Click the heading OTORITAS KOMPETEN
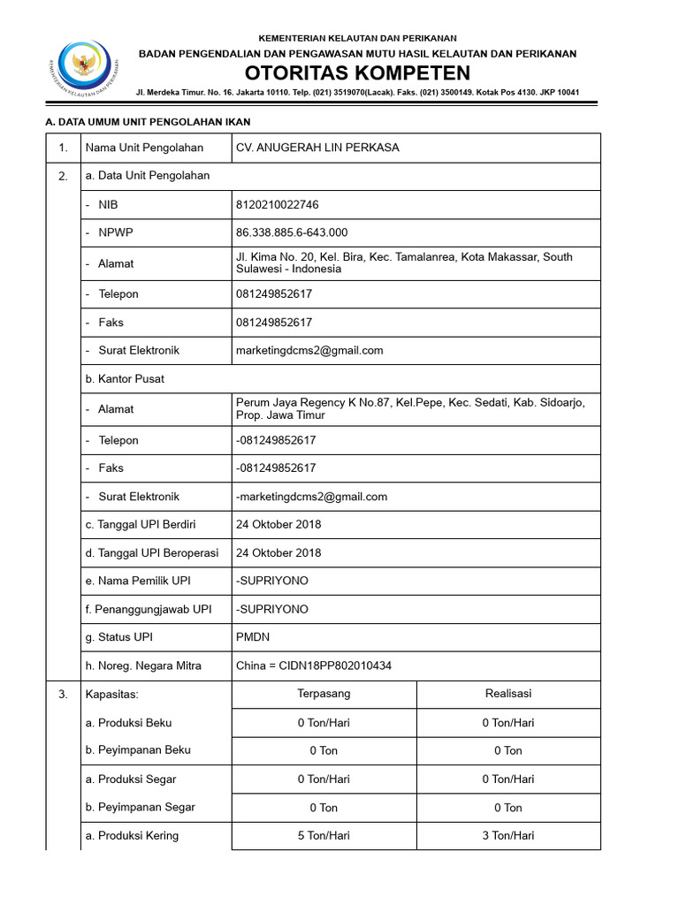coord(357,72)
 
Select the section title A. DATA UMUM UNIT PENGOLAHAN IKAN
coord(154,122)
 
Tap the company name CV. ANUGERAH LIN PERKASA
coord(317,148)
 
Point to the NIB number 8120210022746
coord(278,204)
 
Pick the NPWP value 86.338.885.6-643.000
coord(292,232)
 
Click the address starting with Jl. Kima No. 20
coord(404,262)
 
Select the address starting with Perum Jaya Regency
coord(410,408)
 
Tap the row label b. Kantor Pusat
coord(125,378)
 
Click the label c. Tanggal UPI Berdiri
coord(141,524)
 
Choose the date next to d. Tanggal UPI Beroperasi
coord(278,552)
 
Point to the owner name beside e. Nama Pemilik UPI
coord(272,581)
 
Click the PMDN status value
coord(255,637)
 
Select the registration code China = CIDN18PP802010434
coord(314,665)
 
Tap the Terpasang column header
coord(324,694)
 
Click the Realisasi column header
coord(507,694)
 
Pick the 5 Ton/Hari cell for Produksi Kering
coord(324,835)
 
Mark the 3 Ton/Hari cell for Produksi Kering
coord(507,835)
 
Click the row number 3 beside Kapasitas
coord(63,694)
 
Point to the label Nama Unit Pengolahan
coord(144,148)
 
